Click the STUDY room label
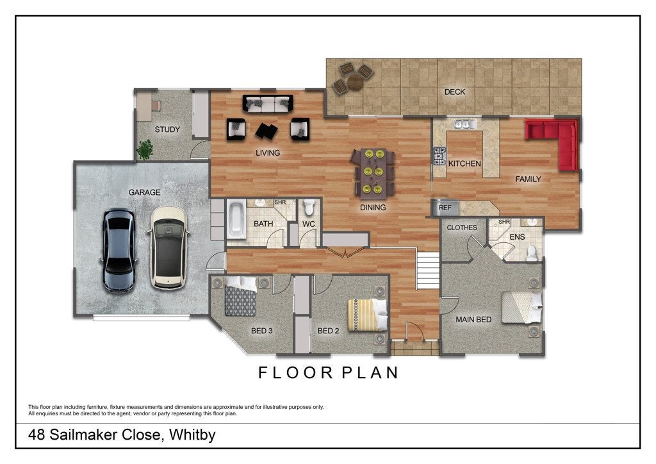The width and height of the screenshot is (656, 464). (x=167, y=129)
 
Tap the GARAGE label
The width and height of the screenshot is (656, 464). (x=144, y=192)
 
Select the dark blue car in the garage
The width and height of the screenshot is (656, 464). (x=119, y=250)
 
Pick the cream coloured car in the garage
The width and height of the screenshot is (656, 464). (x=168, y=247)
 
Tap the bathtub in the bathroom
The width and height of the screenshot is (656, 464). (x=236, y=220)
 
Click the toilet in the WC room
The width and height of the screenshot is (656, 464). (x=309, y=207)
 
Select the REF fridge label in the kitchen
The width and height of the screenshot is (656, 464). (x=445, y=208)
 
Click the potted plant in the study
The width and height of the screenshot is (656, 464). (x=145, y=149)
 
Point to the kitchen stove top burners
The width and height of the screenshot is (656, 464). (x=439, y=156)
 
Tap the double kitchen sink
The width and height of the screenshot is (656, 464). (x=466, y=124)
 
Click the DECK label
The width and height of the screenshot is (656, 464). (x=455, y=92)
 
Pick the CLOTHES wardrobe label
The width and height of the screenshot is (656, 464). (x=462, y=228)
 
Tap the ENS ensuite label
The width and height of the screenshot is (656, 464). (x=517, y=237)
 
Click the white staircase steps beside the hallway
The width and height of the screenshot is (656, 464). (x=427, y=270)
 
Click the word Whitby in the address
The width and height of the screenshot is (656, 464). (x=192, y=435)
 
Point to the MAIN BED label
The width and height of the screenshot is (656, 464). (x=473, y=320)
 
